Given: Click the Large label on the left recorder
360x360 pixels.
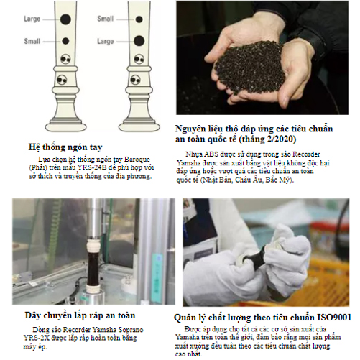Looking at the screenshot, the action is pos(32,19).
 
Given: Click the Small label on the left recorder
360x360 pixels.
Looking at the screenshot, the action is pos(32,41).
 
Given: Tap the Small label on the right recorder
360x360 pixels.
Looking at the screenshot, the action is pos(106,19).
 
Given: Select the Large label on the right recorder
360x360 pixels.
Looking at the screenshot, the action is pos(106,41).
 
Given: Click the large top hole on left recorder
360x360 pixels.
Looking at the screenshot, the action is pos(65,19).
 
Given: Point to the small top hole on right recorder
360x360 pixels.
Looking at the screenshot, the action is pos(139,19).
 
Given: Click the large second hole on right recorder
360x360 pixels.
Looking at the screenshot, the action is pos(139,41).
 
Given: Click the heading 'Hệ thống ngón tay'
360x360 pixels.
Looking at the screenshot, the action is pos(65,147).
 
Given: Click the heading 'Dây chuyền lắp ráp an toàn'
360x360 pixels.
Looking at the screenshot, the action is pos(80,315).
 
